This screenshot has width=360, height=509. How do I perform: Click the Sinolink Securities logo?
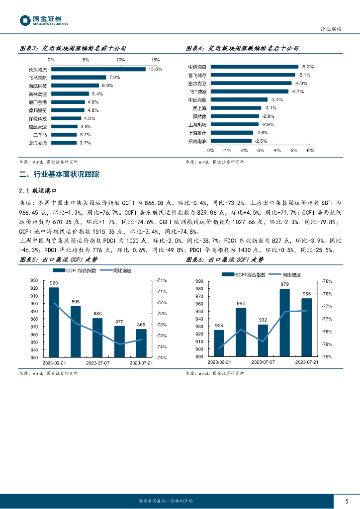coord(44,20)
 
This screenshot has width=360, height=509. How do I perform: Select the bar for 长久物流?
coord(98,69)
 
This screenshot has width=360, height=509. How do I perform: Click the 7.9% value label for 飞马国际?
coord(114,78)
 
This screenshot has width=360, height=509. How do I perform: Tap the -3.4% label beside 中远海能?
coord(277,99)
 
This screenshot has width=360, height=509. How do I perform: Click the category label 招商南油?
coord(198,141)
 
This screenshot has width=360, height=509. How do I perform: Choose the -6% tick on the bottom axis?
coord(310,150)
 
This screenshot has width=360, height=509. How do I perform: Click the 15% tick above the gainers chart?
coord(155,60)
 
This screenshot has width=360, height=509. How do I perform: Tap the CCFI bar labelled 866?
coord(141,343)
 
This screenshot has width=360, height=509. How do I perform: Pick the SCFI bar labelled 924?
coord(219,343)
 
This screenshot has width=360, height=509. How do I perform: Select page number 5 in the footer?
coord(347,501)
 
